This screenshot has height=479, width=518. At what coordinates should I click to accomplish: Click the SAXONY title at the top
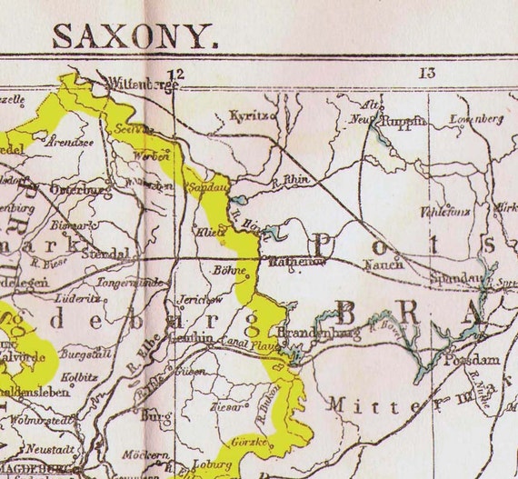pos(134,35)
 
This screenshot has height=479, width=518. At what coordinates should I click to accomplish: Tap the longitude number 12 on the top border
pos(175,74)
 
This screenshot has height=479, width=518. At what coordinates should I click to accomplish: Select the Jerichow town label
pos(197,298)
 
